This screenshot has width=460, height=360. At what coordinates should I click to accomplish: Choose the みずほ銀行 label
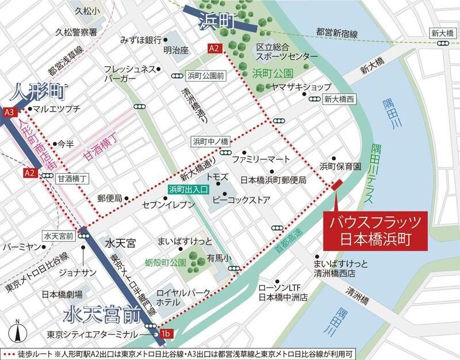140,40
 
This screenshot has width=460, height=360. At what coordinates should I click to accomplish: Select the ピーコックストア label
250,202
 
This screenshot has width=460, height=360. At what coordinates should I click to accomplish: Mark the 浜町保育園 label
340,166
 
